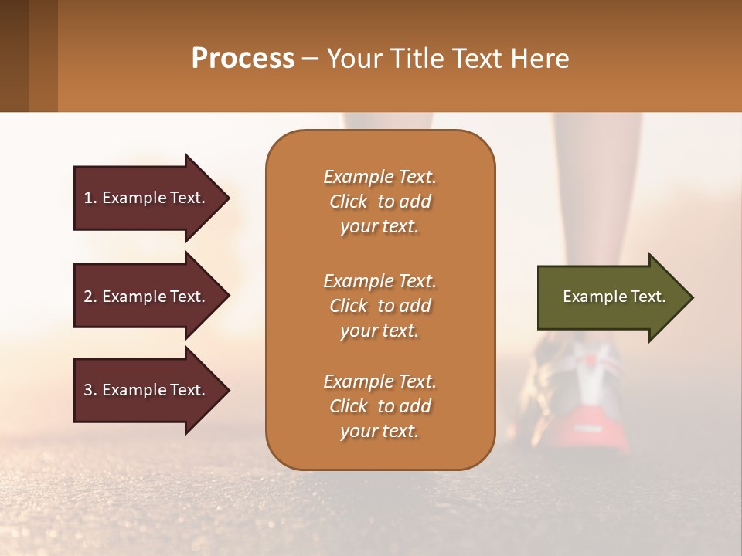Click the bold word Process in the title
[243, 59]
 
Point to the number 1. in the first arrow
[90, 198]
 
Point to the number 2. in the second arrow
[90, 297]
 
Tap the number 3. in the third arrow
[90, 390]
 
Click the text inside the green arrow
[614, 297]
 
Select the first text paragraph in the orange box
[380, 202]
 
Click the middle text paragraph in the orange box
[380, 306]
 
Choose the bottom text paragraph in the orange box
[380, 406]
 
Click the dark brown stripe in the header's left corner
[14, 56]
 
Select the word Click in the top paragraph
[348, 202]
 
